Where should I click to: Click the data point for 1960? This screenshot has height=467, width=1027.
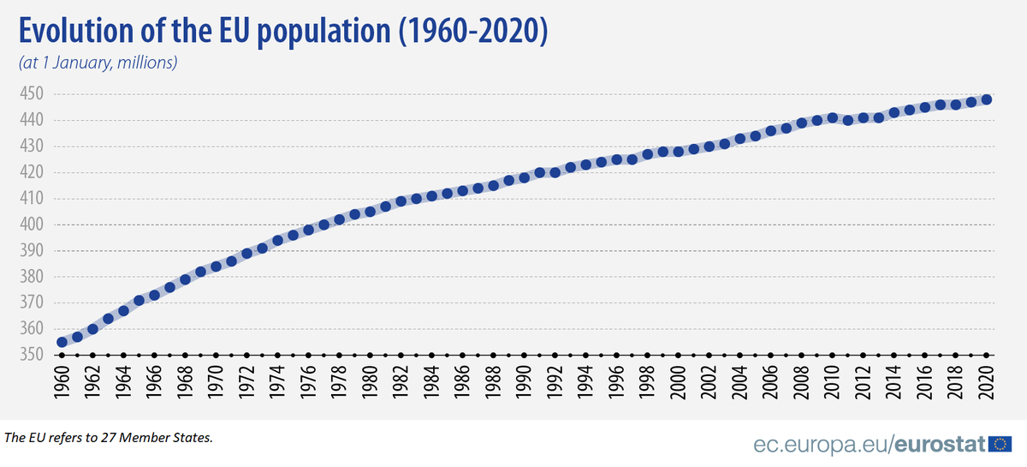pyautogui.click(x=62, y=342)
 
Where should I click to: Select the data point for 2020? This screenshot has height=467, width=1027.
pyautogui.click(x=986, y=99)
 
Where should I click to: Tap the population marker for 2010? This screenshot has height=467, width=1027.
pyautogui.click(x=832, y=117)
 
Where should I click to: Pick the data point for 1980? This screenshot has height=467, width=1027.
pyautogui.click(x=370, y=211)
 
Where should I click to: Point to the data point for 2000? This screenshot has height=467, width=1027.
pyautogui.click(x=678, y=151)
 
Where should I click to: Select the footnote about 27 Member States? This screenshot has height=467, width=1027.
pyautogui.click(x=109, y=438)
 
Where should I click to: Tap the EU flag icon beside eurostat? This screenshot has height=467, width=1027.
pyautogui.click(x=1000, y=444)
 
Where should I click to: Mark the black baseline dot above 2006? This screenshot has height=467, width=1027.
pyautogui.click(x=770, y=355)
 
